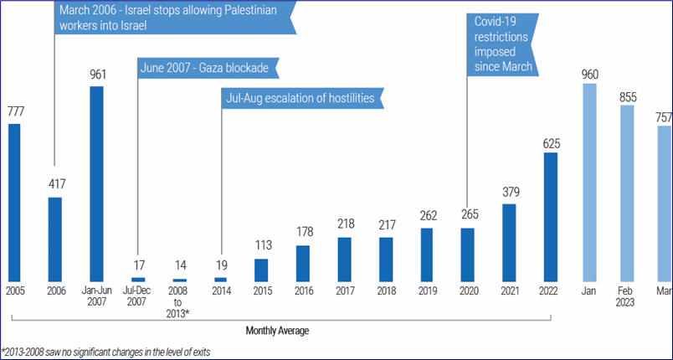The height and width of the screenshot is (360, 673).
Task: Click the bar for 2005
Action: (14, 203)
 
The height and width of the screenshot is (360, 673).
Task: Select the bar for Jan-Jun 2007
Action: (96, 183)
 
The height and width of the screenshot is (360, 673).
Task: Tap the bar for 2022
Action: (550, 217)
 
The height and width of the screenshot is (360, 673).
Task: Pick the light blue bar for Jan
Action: (589, 183)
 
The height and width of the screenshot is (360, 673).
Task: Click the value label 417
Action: (55, 183)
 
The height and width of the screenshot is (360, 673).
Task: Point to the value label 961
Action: (96, 73)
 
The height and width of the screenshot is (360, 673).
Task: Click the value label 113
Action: (261, 246)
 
